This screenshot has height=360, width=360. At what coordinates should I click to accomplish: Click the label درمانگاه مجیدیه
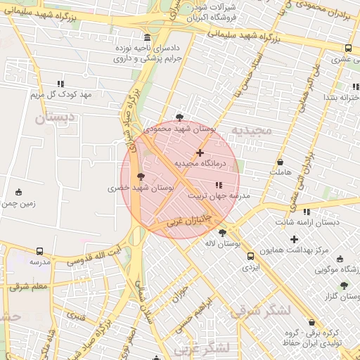point(199,163)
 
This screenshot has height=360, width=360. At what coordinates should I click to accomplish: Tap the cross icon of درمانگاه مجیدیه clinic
point(200,153)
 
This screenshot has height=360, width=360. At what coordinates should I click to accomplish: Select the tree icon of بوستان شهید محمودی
point(180,117)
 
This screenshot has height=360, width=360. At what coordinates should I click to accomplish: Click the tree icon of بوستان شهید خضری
point(141,176)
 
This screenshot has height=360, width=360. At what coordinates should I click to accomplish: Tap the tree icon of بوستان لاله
point(223,233)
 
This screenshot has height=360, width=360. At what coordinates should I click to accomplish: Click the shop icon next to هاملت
point(280,162)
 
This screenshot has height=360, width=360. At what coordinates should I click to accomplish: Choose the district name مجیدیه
point(251,131)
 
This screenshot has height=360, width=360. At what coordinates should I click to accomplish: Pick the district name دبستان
point(49,117)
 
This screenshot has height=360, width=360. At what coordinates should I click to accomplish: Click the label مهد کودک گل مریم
point(60,94)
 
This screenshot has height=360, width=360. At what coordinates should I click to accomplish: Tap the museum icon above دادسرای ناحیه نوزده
point(147,38)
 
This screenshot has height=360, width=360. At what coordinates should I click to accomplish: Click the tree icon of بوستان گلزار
point(343,285)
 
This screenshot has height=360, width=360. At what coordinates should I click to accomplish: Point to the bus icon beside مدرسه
point(39,251)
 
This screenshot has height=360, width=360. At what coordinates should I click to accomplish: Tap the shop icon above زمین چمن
point(18,192)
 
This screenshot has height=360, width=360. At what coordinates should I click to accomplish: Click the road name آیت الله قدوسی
point(98,255)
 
